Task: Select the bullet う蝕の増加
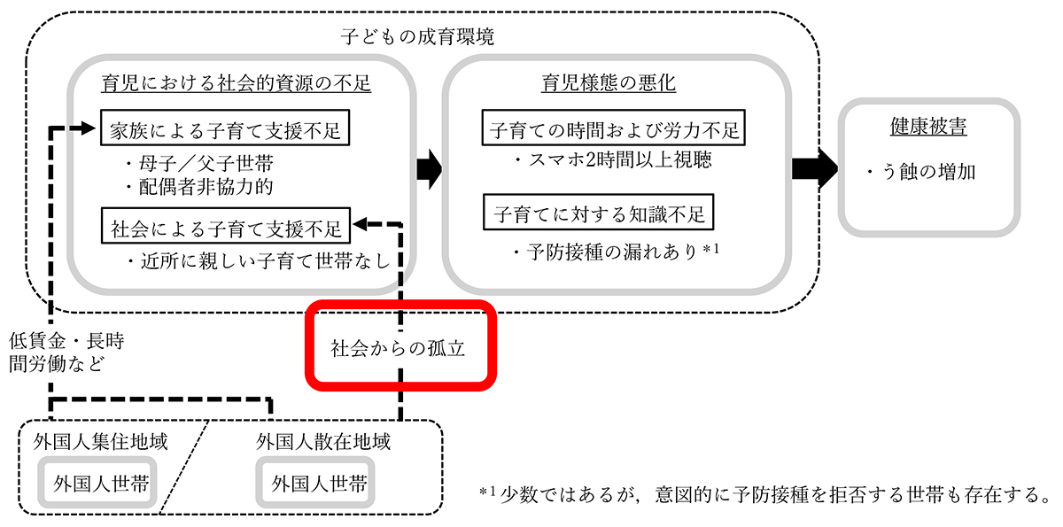click(x=921, y=172)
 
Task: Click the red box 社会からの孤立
click(x=398, y=346)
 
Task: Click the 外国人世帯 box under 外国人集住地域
click(x=101, y=484)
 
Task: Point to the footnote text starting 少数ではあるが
click(x=772, y=492)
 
